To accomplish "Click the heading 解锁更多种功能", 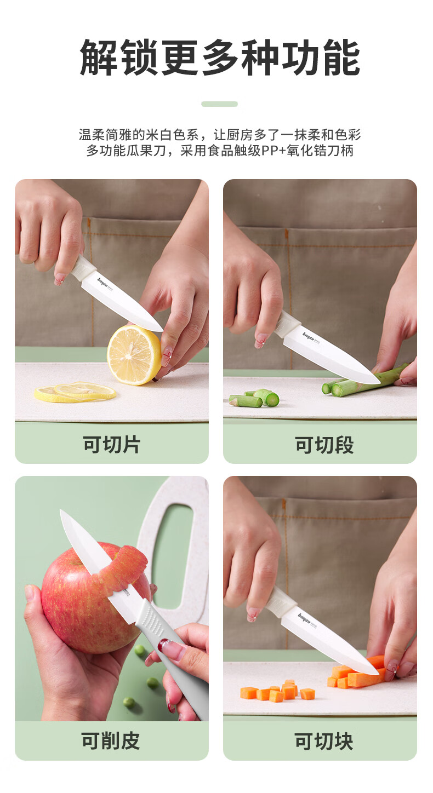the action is coord(220,58).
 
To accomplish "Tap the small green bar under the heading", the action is coord(219,104).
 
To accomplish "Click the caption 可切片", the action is coord(112,444).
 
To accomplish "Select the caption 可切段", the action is coord(324,445).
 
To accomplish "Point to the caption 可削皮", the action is coord(111,740).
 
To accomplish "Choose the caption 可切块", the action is coord(324,741).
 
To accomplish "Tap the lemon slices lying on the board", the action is coord(75,392).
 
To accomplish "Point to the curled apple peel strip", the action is coord(124,570).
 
